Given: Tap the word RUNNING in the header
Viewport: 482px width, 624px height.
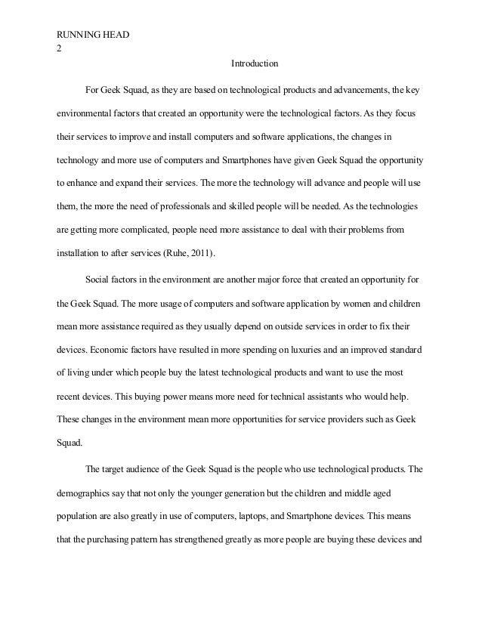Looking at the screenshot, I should (x=79, y=36).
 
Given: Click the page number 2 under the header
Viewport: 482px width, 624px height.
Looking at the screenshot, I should (x=60, y=48).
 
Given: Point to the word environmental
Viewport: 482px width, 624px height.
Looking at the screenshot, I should (x=84, y=115).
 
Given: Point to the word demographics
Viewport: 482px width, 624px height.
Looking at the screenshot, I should (x=87, y=493).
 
